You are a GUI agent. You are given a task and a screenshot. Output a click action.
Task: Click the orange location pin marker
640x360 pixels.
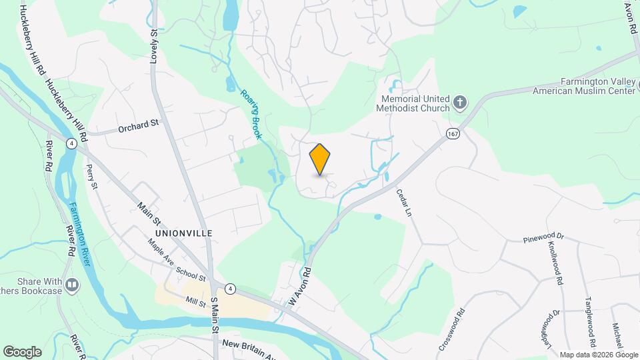[x=320, y=159]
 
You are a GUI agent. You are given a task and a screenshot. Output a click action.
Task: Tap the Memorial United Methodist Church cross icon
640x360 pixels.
[x=459, y=102]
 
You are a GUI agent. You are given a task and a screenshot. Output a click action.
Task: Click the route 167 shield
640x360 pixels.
[x=453, y=133]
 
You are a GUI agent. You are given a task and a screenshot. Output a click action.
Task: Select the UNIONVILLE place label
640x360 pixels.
[x=183, y=233]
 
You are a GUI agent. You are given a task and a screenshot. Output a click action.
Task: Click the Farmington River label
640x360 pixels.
[x=79, y=234]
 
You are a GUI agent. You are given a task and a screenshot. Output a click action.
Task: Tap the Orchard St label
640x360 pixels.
[x=139, y=123]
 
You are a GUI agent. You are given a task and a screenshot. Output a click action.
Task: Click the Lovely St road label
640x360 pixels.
[x=154, y=46]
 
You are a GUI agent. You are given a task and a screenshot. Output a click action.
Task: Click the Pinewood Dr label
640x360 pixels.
[x=543, y=237]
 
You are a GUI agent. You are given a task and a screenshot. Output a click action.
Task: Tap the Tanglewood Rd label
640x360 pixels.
[x=589, y=313]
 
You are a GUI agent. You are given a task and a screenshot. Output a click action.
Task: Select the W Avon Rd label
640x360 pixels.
[x=301, y=287]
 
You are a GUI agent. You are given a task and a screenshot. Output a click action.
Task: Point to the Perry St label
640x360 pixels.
[x=92, y=178]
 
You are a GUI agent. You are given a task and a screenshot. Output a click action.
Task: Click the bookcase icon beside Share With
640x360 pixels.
[x=72, y=286]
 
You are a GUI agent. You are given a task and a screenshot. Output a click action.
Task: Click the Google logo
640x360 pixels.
[x=22, y=351]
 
